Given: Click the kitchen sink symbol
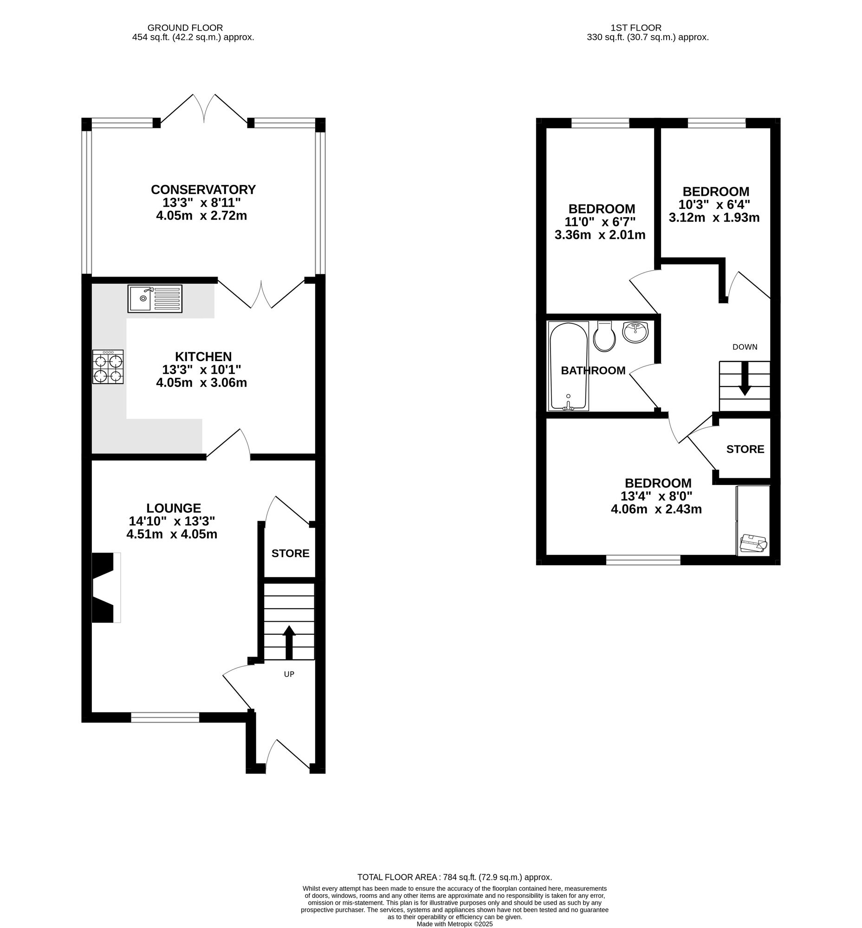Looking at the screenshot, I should tap(155, 299).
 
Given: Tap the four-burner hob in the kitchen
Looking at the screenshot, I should tap(108, 367).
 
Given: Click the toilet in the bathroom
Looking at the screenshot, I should tap(604, 337).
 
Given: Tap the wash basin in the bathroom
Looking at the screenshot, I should tap(635, 333).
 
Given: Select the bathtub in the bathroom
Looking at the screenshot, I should tap(569, 367).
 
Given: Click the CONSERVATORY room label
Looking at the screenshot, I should tap(203, 190).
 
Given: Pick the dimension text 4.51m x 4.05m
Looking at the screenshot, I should tap(172, 535).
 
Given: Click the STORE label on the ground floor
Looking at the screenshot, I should tap(290, 554).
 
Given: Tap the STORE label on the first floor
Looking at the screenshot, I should tap(745, 449).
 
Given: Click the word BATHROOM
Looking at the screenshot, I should tap(593, 370).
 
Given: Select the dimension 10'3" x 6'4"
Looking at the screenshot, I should tap(714, 205).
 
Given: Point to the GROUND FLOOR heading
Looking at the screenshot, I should tap(185, 28).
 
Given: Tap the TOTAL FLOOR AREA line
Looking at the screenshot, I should tap(454, 877).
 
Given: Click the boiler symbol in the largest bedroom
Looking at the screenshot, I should tap(753, 544).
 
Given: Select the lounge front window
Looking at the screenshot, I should tap(165, 717).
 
